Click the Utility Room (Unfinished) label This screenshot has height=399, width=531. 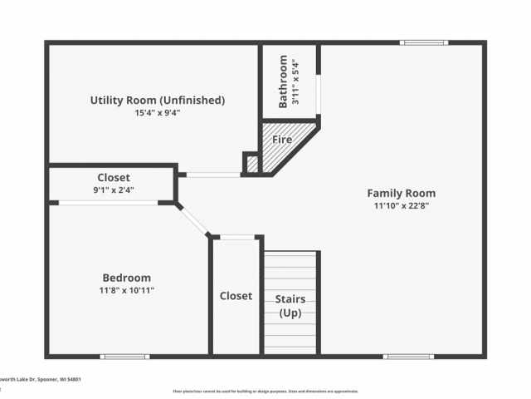157,100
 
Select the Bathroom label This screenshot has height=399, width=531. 284,81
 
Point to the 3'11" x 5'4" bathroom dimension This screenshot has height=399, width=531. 296,81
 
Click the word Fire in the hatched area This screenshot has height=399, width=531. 282,140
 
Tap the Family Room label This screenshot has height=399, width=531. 401,193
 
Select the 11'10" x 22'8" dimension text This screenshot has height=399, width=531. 401,205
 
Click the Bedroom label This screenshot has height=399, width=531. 126,278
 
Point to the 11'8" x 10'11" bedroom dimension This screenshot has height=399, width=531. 126,290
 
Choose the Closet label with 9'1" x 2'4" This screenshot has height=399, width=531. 114,177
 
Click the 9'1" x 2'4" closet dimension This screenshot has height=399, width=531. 114,190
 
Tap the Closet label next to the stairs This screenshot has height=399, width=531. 236,296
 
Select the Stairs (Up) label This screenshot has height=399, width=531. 290,306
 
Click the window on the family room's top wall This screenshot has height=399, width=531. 423,42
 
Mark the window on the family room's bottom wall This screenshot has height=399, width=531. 408,357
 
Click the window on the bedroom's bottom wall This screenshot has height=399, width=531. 124,357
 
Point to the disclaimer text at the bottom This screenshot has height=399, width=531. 265,391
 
